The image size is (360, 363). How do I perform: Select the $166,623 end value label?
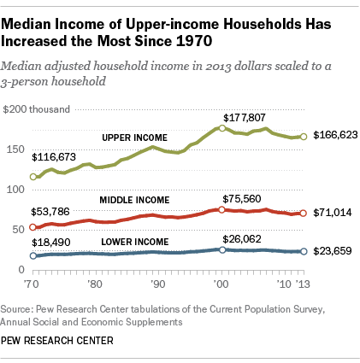(x=335, y=136)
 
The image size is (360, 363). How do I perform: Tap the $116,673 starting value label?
(x=53, y=134)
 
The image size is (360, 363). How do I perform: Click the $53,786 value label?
(x=50, y=209)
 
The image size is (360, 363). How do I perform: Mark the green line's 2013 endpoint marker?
(x=304, y=137)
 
